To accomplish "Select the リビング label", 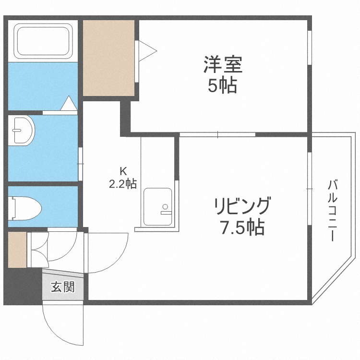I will coord(242,206).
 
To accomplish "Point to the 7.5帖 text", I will coord(242,228).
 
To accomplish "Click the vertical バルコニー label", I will coord(333,210).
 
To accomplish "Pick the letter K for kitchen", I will coord(123,170).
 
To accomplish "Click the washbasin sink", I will coord(22,129).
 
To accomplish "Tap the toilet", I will coord(26,207).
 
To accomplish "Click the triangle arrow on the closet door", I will coord(147,49).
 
